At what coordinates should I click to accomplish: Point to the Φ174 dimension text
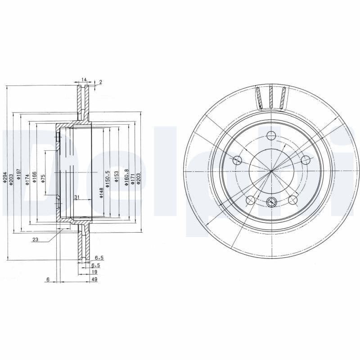(x=27, y=179)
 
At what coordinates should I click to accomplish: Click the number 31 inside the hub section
(x=76, y=197)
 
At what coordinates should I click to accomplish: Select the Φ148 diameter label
(x=102, y=193)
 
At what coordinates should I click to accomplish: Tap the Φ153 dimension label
(x=116, y=177)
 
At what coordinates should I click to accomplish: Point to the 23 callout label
(x=35, y=240)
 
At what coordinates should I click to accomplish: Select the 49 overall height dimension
(x=94, y=279)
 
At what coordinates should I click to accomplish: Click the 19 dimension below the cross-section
(x=94, y=272)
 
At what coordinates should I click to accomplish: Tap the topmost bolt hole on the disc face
(x=271, y=135)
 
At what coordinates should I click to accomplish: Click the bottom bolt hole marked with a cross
(x=271, y=202)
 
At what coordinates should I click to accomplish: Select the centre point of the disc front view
(x=271, y=171)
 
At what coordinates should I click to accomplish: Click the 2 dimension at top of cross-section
(x=100, y=82)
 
